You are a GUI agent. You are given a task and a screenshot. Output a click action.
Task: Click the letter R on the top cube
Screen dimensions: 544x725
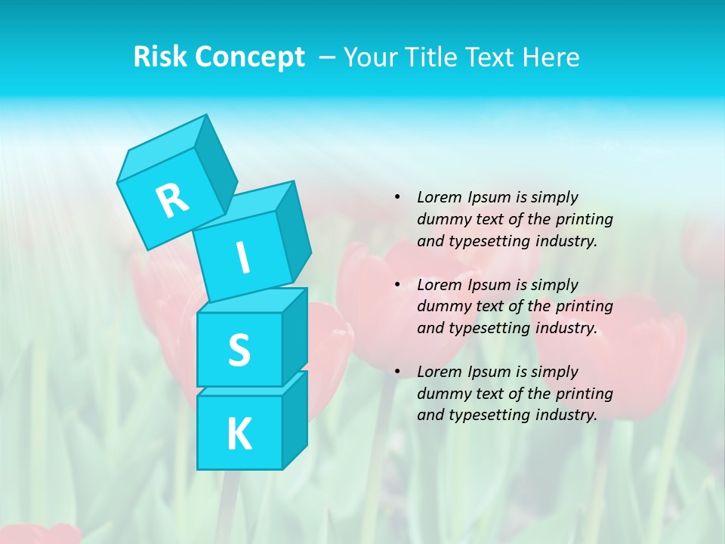tap(172, 199)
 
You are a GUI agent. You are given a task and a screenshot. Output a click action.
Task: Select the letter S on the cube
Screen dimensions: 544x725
tap(239, 350)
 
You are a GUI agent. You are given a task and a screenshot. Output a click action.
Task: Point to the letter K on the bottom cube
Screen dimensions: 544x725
tap(239, 434)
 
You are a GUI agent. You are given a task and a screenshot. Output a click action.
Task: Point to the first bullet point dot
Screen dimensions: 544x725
tap(397, 197)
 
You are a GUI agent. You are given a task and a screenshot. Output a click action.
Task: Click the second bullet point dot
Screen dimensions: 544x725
tap(397, 285)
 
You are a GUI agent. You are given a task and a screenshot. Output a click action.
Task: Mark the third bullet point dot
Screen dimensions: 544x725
tap(397, 372)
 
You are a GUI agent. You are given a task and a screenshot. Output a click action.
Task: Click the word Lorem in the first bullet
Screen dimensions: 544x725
tap(439, 197)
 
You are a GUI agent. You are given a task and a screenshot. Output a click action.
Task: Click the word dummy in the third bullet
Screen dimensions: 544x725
tap(440, 394)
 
